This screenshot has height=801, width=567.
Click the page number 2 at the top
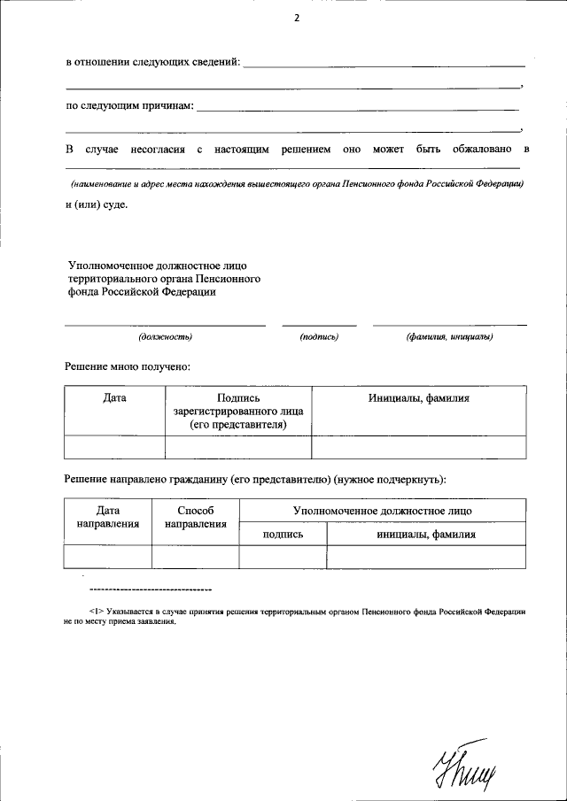point(296,17)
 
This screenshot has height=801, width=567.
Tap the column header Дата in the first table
point(114,398)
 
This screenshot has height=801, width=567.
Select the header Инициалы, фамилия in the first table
point(418,398)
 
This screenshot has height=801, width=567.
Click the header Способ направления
point(195,518)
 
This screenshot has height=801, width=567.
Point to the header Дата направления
point(108,518)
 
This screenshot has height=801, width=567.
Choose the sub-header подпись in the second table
point(283,535)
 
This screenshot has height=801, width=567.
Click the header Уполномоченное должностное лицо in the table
point(382,511)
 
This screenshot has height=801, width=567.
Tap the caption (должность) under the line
point(165,336)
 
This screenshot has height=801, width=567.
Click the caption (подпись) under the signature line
point(319,336)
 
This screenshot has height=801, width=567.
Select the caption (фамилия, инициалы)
point(449,336)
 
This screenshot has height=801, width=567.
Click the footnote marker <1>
point(97,611)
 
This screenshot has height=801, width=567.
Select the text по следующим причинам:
point(128,105)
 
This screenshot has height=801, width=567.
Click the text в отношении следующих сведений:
point(152,63)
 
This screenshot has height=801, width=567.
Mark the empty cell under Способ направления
point(195,556)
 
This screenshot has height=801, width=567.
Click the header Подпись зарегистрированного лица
point(238,412)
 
